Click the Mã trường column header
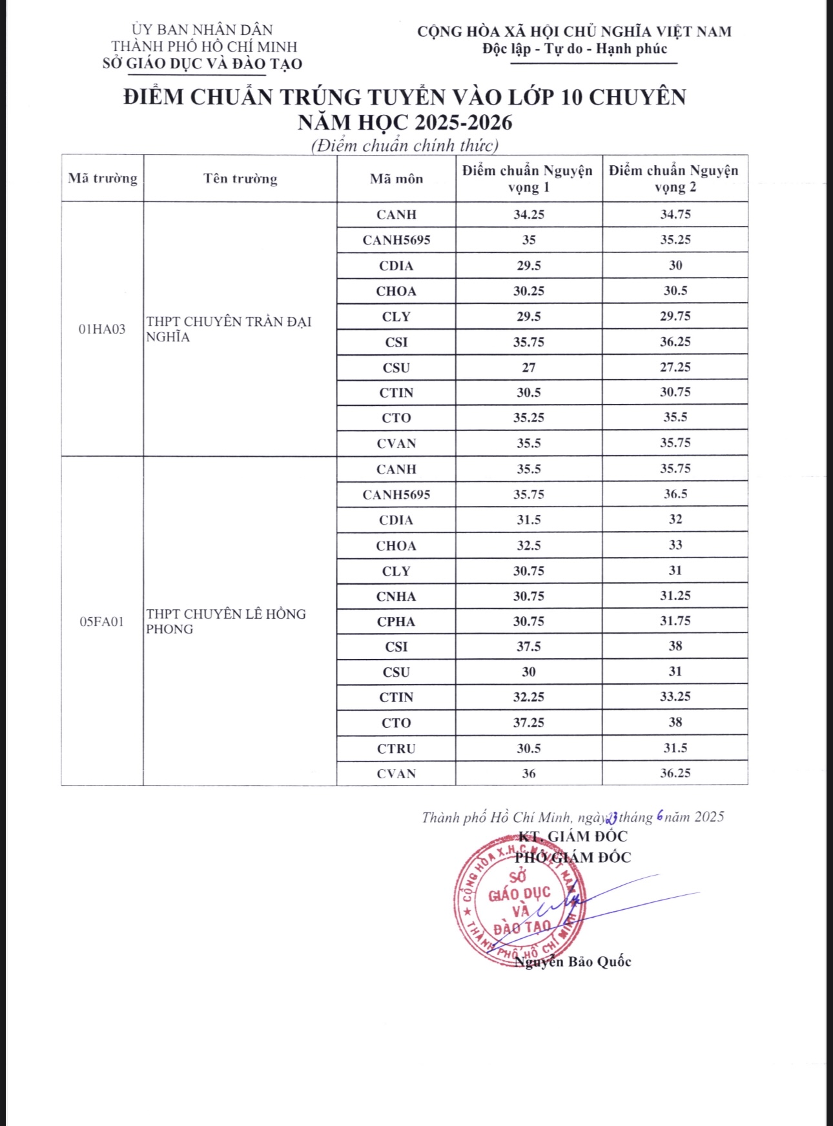click(103, 178)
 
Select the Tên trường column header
click(240, 178)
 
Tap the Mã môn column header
click(396, 179)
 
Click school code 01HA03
click(102, 329)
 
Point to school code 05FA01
click(102, 621)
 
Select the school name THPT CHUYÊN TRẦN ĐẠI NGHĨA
click(229, 329)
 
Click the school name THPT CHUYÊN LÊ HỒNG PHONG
click(226, 621)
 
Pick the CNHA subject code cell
click(396, 596)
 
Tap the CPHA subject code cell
click(396, 621)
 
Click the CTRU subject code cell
click(396, 749)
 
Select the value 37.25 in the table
click(529, 723)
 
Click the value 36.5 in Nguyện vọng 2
click(675, 494)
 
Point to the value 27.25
click(675, 367)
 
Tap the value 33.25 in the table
click(675, 697)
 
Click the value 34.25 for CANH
click(529, 214)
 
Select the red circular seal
click(520, 903)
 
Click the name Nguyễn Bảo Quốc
click(573, 961)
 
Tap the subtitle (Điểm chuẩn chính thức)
click(405, 145)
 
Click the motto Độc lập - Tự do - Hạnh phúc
click(575, 49)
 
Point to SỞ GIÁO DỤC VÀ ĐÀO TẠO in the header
click(202, 64)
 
